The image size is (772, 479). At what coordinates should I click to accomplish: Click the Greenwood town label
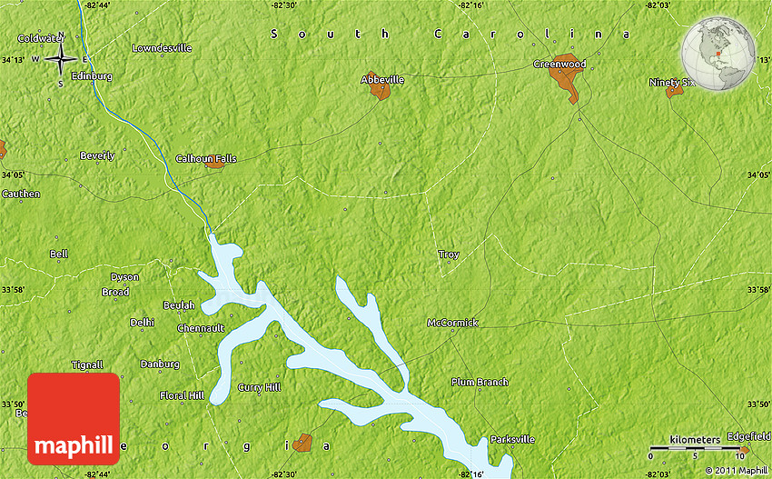tap(559, 65)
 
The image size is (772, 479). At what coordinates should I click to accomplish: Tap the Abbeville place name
tap(382, 80)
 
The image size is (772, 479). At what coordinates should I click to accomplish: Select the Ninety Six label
tap(672, 83)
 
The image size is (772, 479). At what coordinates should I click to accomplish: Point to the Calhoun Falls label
tap(206, 158)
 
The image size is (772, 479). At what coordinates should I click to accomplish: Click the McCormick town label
tap(452, 323)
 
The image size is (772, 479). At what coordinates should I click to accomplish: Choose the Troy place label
tap(449, 254)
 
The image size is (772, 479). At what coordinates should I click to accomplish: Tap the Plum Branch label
tap(480, 383)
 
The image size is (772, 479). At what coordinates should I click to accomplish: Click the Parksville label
tap(512, 439)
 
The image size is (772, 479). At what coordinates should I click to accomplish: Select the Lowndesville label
tap(162, 47)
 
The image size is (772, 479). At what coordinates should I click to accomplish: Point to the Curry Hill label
tap(259, 387)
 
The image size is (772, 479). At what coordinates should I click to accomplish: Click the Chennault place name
tap(201, 327)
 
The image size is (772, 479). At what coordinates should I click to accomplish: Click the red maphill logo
tap(74, 419)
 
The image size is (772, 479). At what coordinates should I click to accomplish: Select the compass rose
tap(61, 59)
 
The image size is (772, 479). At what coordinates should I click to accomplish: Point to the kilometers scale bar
tap(696, 447)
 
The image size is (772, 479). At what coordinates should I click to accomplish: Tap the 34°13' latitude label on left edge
tap(14, 60)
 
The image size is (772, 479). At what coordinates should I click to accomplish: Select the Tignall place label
tap(88, 364)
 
